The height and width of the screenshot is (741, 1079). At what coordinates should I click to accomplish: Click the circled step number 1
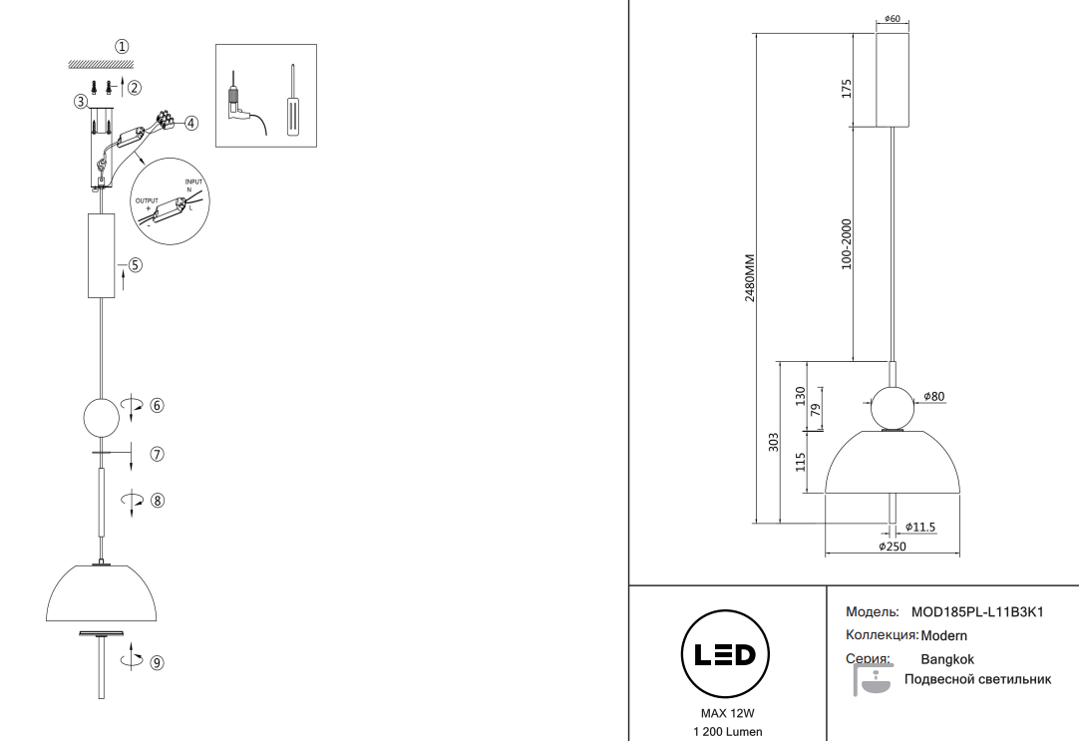[122, 46]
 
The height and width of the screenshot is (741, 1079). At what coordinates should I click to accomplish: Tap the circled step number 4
[191, 123]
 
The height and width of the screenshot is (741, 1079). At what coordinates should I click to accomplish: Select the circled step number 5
[135, 265]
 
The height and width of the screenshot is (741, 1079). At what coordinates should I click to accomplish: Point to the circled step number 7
[157, 454]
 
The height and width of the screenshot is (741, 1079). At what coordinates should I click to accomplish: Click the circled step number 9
[157, 661]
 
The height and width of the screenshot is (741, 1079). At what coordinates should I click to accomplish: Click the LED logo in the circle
[726, 655]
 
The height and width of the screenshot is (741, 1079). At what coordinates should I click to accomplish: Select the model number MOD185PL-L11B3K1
[977, 611]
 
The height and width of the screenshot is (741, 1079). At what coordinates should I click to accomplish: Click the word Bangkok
[947, 659]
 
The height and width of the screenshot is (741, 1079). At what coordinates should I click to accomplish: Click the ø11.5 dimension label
[920, 528]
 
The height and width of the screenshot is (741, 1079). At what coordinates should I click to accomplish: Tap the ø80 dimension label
[933, 397]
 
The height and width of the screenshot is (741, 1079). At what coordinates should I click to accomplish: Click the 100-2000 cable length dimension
[847, 244]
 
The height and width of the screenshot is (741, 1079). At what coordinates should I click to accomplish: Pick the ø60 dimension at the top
[894, 19]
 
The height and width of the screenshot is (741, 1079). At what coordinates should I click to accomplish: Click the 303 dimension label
[774, 441]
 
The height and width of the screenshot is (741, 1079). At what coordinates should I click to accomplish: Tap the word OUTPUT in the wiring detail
[146, 199]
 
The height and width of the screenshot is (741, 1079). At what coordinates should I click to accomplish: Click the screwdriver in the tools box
[291, 103]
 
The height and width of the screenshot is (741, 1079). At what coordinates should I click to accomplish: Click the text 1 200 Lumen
[727, 732]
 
